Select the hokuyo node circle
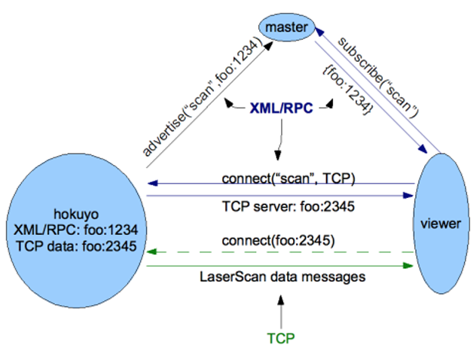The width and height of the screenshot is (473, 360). click(74, 226)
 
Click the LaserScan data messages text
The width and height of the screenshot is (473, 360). click(283, 277)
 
